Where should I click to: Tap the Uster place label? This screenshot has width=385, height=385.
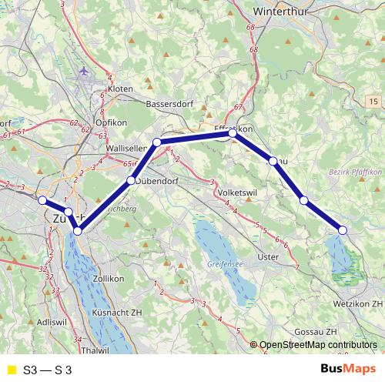click(x=268, y=256)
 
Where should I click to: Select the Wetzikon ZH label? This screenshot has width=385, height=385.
click(x=352, y=304)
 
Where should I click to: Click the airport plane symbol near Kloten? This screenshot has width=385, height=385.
click(x=83, y=72)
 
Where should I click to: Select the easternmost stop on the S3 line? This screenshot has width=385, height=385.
click(x=343, y=230)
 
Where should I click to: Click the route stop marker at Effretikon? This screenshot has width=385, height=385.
click(x=233, y=133)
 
